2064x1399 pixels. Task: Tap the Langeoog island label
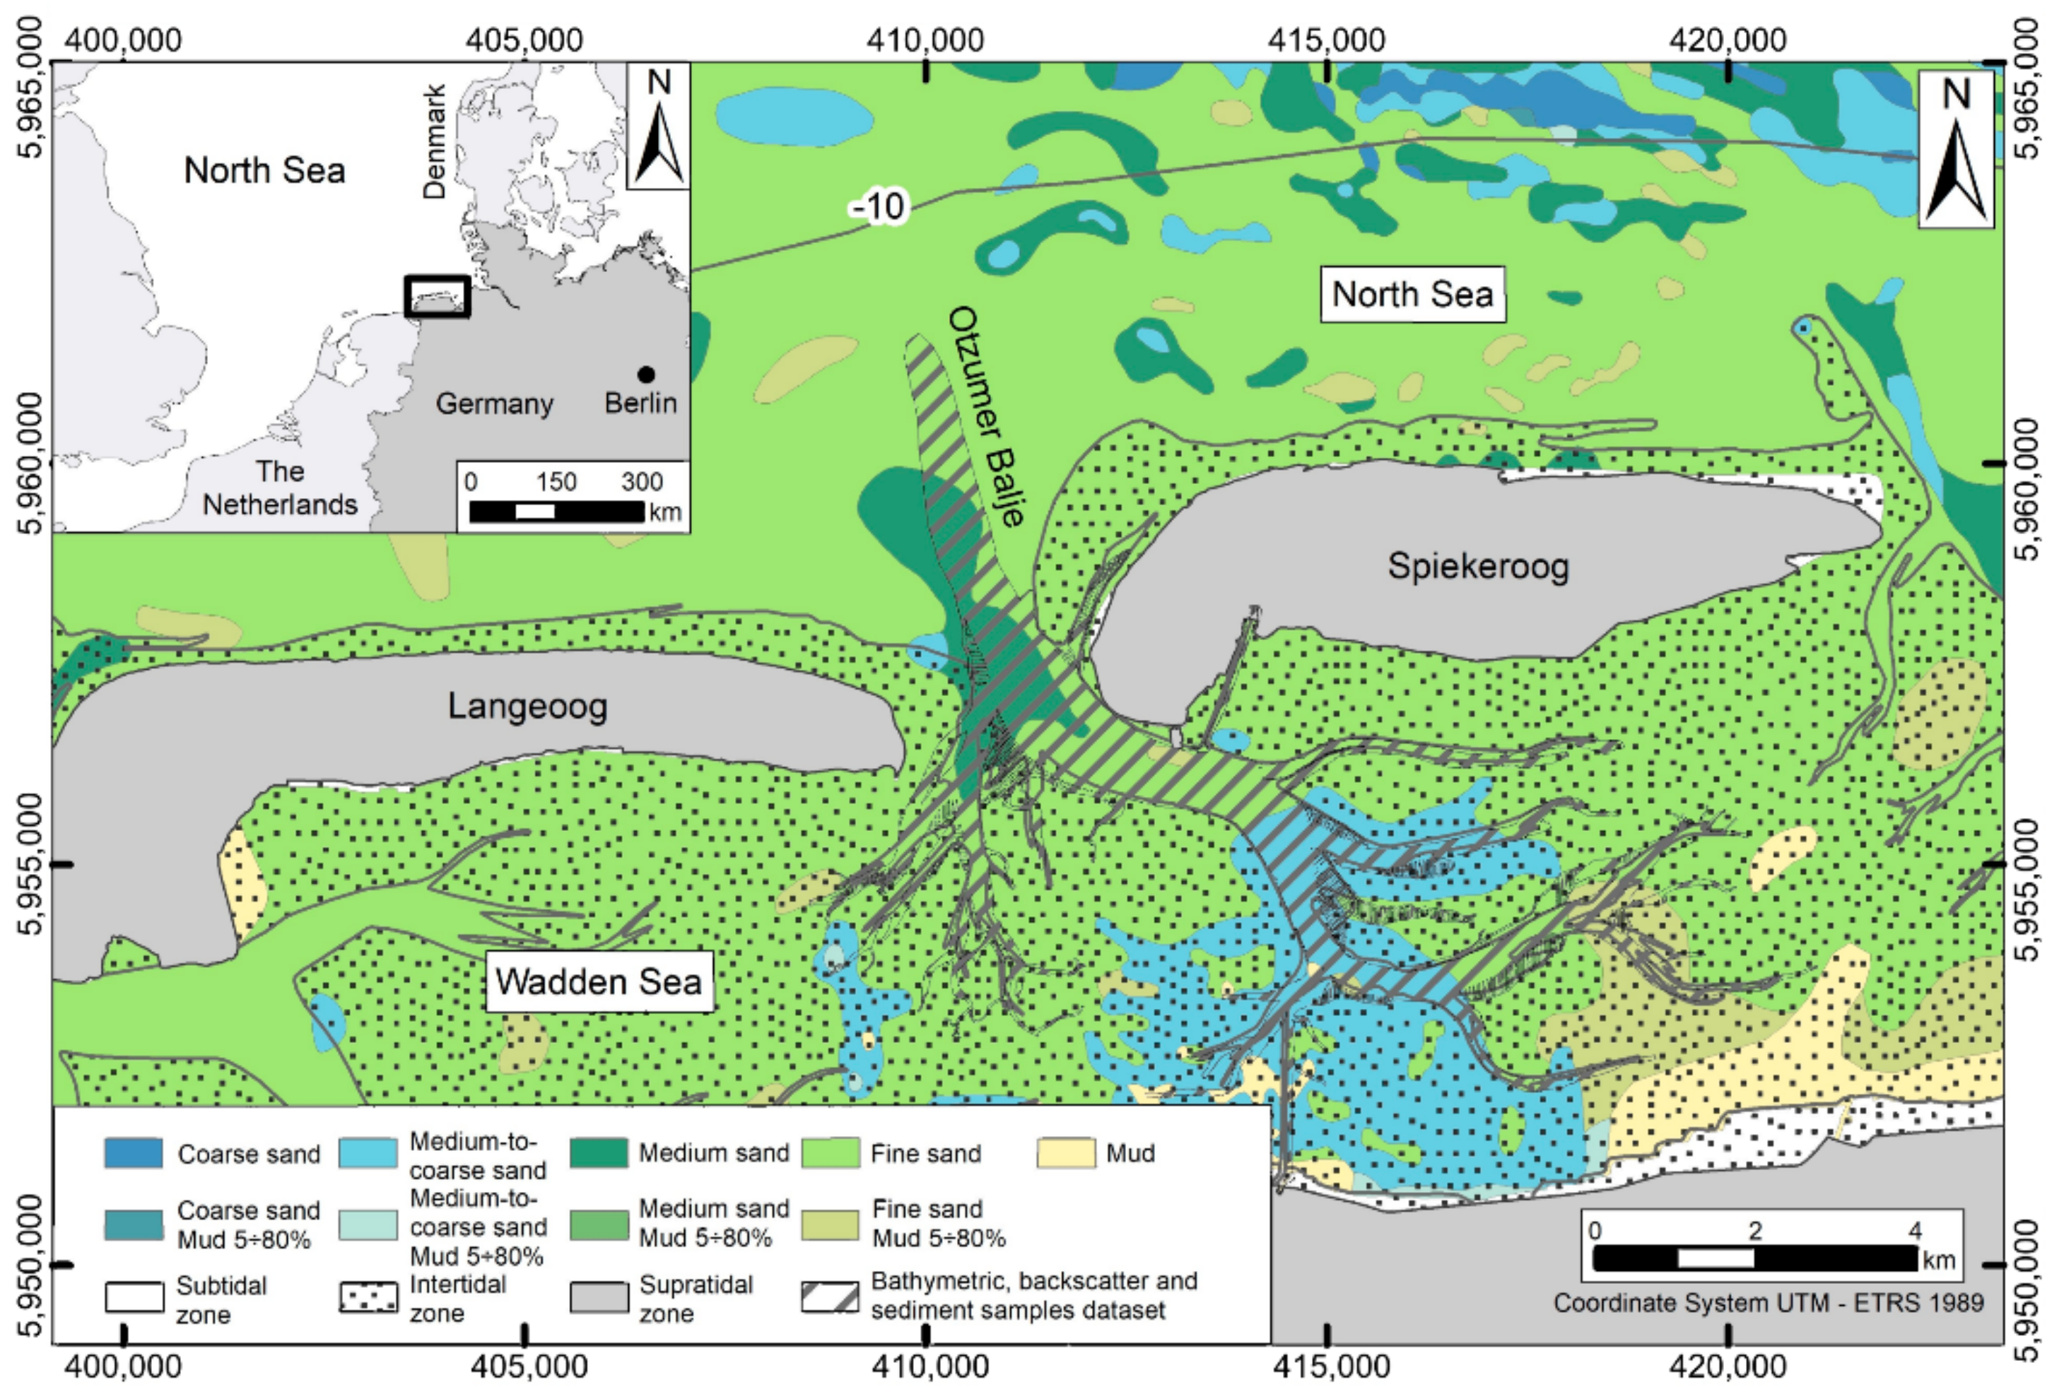[527, 707]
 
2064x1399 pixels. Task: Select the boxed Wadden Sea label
[599, 981]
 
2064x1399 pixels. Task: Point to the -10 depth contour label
[879, 207]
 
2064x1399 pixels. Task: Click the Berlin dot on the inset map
[645, 374]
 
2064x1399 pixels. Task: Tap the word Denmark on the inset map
[433, 142]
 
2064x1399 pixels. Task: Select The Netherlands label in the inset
[280, 488]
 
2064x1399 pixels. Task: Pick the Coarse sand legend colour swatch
[133, 1153]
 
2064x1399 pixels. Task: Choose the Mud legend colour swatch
[1065, 1153]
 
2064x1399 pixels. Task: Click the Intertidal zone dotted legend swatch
[368, 1298]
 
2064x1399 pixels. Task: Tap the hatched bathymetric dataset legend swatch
[830, 1297]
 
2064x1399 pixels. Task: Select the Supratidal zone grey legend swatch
[598, 1297]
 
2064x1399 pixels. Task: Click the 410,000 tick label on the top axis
[925, 40]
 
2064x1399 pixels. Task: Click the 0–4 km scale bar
[1755, 1258]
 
